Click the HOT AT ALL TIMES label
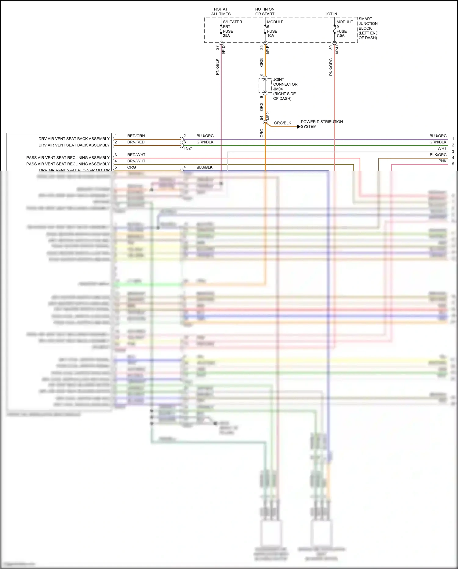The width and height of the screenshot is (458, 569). click(221, 12)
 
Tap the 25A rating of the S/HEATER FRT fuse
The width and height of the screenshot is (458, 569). click(226, 36)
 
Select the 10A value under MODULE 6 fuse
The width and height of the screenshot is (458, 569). click(271, 36)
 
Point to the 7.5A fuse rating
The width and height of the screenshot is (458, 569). click(340, 36)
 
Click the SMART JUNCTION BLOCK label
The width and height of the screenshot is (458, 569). click(368, 28)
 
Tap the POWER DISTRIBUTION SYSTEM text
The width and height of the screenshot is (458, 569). click(322, 124)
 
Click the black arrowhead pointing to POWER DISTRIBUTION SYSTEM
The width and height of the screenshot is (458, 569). click(298, 127)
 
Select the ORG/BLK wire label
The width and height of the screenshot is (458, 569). click(282, 123)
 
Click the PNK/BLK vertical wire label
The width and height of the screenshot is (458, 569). click(217, 67)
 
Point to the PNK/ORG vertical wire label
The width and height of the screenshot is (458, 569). click(331, 67)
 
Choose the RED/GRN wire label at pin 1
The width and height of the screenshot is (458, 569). click(136, 136)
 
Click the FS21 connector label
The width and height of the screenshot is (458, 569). click(188, 148)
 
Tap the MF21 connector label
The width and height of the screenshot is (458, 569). click(268, 115)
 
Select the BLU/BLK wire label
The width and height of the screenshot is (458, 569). click(205, 167)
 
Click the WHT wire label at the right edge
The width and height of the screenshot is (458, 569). click(442, 148)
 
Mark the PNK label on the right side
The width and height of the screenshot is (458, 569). click(442, 161)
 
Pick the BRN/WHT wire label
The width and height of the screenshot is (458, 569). click(136, 161)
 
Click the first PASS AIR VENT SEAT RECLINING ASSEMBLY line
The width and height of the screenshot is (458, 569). click(68, 157)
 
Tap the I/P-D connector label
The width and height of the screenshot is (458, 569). click(224, 50)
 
